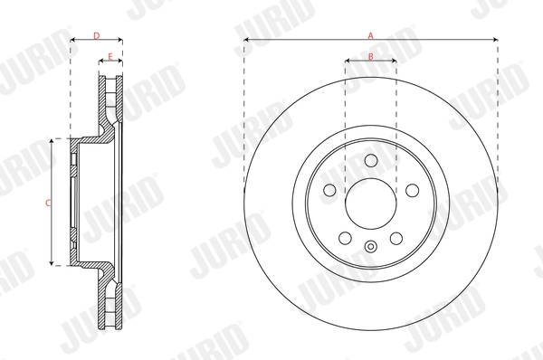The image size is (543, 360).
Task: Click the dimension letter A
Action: [x=370, y=34]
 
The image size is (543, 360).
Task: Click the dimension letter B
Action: [x=371, y=56]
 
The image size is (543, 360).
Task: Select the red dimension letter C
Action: [x=48, y=203]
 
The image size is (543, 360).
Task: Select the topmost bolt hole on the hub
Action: [x=371, y=160]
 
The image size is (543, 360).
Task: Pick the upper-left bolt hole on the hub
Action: [x=329, y=191]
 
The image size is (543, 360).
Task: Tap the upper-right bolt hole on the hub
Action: [x=413, y=191]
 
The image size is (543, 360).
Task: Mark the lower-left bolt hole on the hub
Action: [x=345, y=238]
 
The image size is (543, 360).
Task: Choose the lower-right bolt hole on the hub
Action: [x=397, y=238]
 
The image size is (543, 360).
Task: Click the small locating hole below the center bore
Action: [x=371, y=248]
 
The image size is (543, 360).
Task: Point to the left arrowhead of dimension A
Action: [x=247, y=40]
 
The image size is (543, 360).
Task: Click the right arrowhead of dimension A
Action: [x=495, y=40]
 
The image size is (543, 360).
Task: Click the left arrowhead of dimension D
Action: [x=72, y=40]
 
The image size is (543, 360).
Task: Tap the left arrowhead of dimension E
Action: [x=100, y=62]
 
